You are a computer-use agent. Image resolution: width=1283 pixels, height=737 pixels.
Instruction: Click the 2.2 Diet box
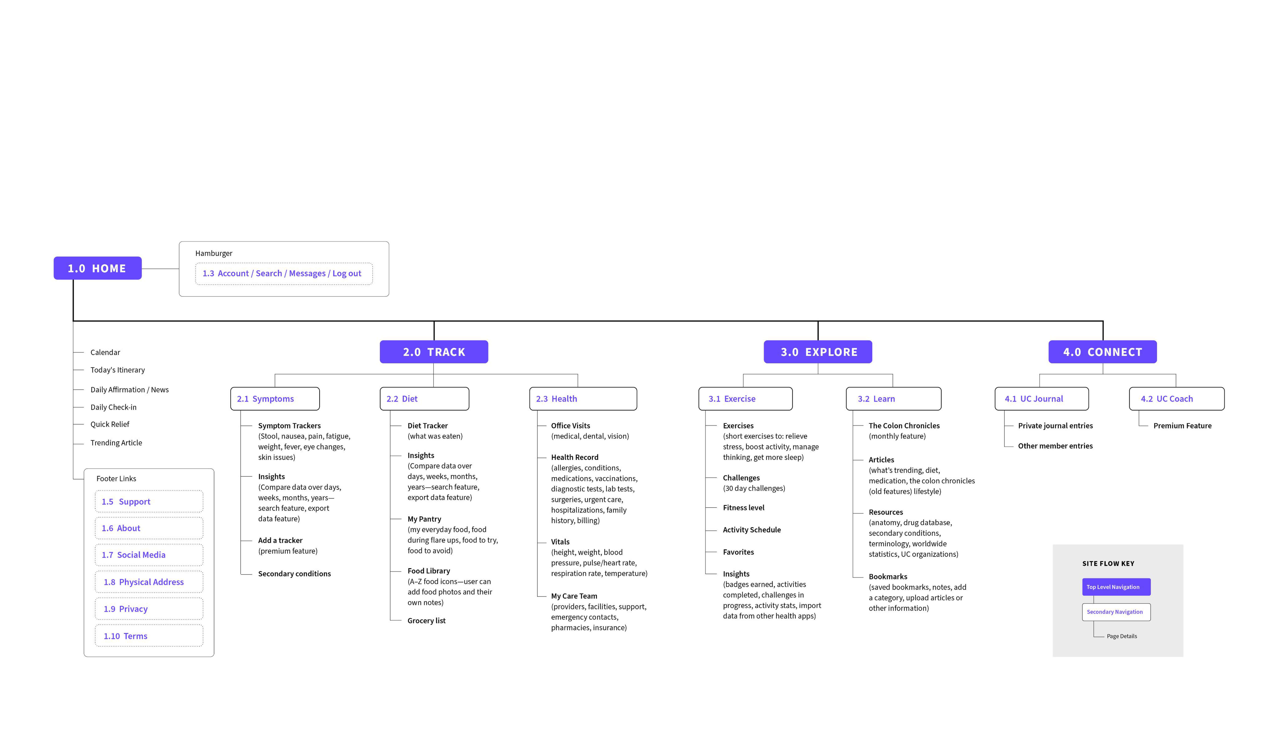(x=424, y=399)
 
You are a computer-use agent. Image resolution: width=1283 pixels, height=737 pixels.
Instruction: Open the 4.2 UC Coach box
(x=1177, y=399)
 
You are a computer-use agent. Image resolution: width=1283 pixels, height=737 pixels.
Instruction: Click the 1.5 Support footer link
(x=149, y=501)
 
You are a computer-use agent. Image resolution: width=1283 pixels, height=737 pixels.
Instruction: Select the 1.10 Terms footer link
(x=149, y=636)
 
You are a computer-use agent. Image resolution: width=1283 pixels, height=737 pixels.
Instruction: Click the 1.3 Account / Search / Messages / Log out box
(x=284, y=273)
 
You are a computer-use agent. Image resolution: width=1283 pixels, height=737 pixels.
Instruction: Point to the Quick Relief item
(x=110, y=424)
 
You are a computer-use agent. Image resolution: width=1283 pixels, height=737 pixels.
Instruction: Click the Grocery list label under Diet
(x=426, y=621)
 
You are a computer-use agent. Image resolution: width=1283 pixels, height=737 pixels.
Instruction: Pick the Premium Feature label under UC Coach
(x=1182, y=426)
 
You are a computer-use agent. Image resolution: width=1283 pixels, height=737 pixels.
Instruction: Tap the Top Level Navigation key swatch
(x=1116, y=587)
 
